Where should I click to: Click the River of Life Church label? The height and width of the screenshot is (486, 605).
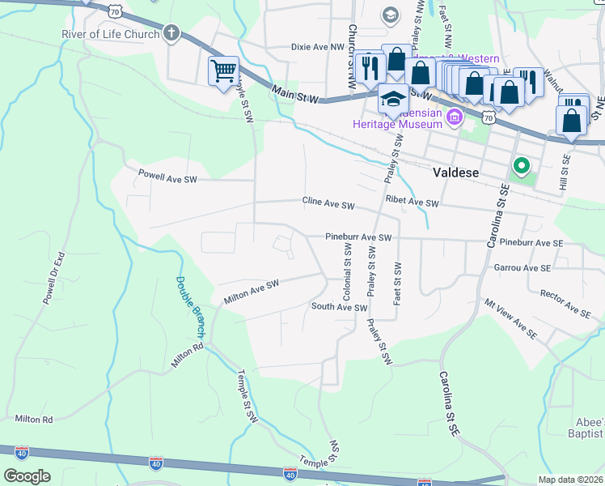coord(110,34)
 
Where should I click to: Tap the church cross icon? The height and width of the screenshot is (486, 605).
coord(171,33)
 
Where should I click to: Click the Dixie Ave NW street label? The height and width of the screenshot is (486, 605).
coord(318,48)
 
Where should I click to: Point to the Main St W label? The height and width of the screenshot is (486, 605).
coord(296,95)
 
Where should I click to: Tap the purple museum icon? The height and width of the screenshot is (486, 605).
coord(455,118)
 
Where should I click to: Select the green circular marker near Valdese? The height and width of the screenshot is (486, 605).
coord(522,168)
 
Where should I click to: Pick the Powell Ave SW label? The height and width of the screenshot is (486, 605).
coord(167,175)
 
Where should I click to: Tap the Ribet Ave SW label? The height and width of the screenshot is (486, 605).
coord(412,202)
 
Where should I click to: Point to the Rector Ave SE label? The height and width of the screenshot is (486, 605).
coord(565,301)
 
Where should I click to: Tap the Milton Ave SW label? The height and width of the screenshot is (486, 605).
coord(251,292)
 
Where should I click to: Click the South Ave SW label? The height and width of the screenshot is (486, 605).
coord(339,307)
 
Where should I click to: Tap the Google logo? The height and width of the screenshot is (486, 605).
coord(27,476)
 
